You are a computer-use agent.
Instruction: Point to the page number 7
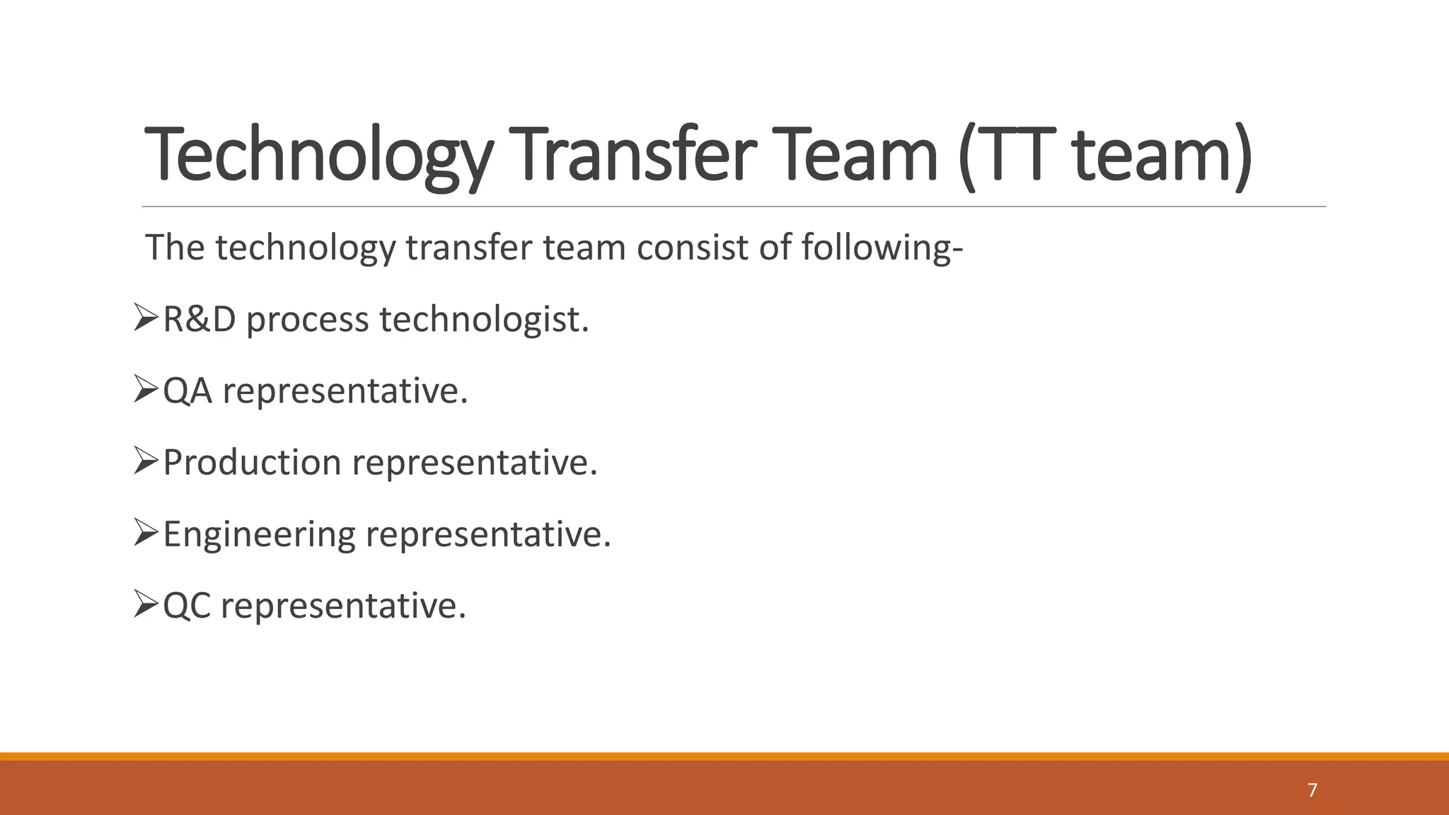[1312, 790]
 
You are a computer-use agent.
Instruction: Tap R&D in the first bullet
[200, 320]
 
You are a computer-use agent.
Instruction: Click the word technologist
[485, 320]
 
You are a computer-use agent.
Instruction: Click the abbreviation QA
[187, 391]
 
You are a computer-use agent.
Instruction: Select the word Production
[253, 463]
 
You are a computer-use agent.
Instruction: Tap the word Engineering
[259, 535]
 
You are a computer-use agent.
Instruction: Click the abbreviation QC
[187, 606]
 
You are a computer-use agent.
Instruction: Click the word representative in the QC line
[344, 606]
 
